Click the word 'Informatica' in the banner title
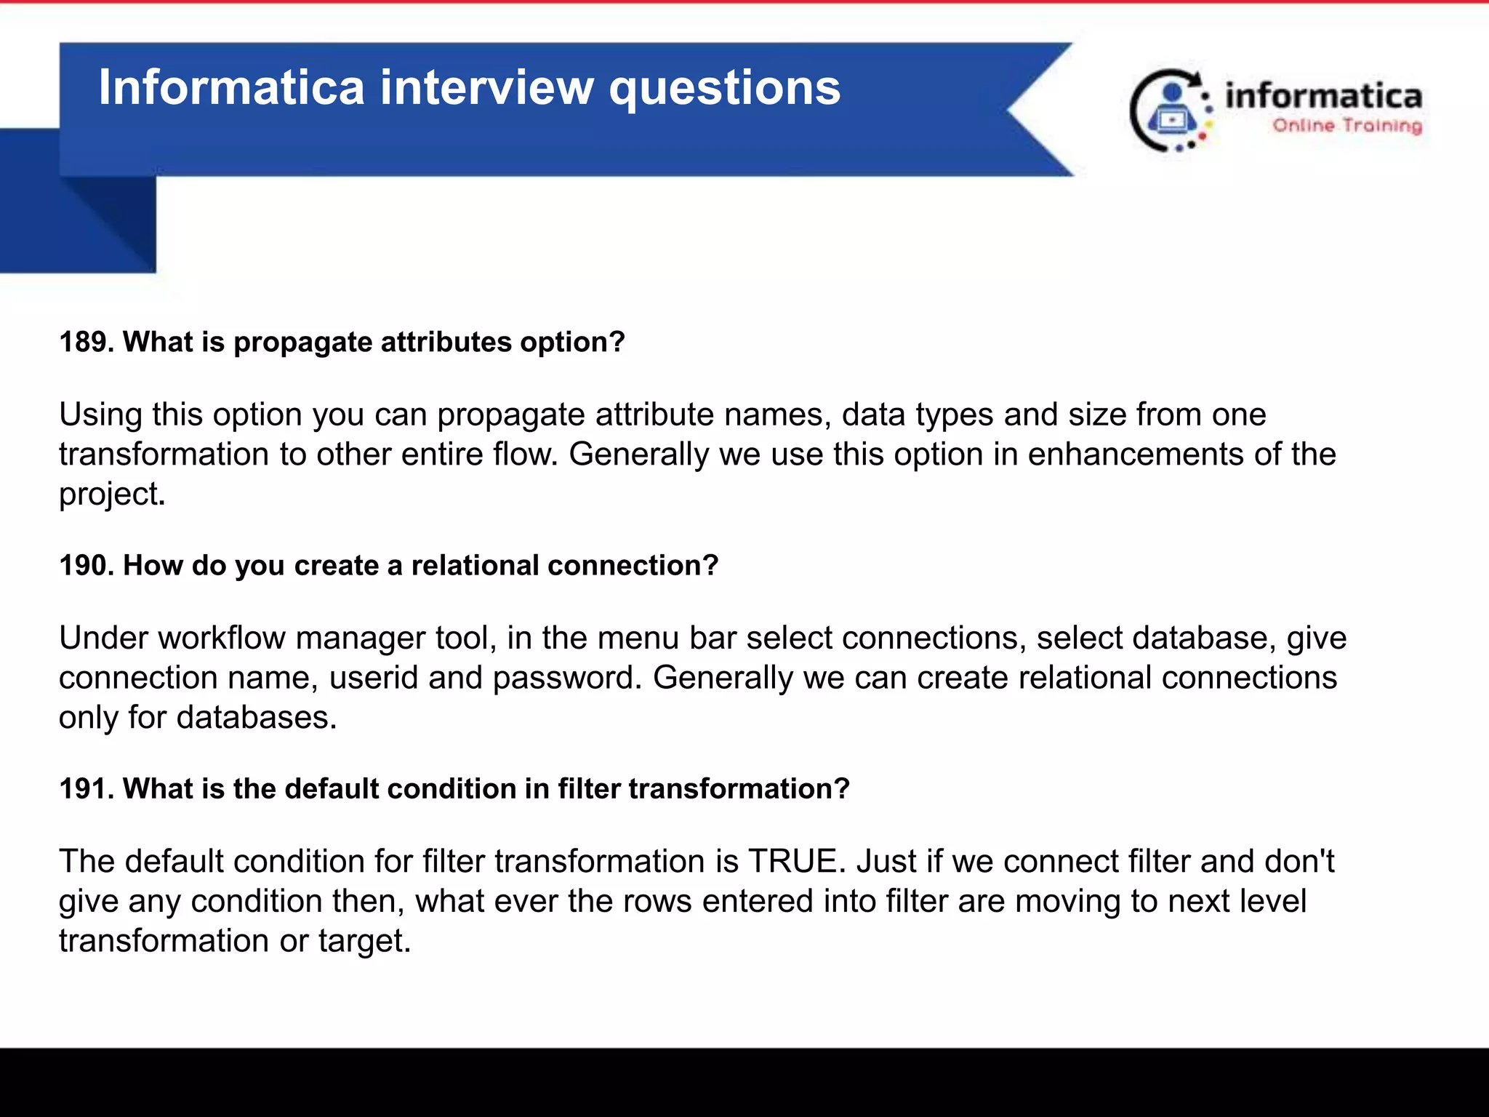pyautogui.click(x=230, y=87)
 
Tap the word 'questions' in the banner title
pyautogui.click(x=724, y=89)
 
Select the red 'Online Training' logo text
pyautogui.click(x=1346, y=126)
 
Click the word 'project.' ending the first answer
pyautogui.click(x=112, y=495)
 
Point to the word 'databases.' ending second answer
pyautogui.click(x=256, y=718)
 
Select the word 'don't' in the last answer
pyautogui.click(x=1299, y=861)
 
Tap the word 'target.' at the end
pyautogui.click(x=364, y=941)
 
